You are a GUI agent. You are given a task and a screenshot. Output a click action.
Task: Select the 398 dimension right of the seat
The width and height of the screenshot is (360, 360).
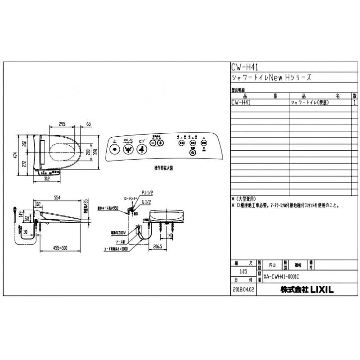[95, 152]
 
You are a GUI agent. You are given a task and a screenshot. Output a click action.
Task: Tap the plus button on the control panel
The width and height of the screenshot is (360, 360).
[160, 143]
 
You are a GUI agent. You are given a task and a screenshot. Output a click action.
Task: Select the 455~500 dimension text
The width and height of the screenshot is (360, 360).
[60, 247]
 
